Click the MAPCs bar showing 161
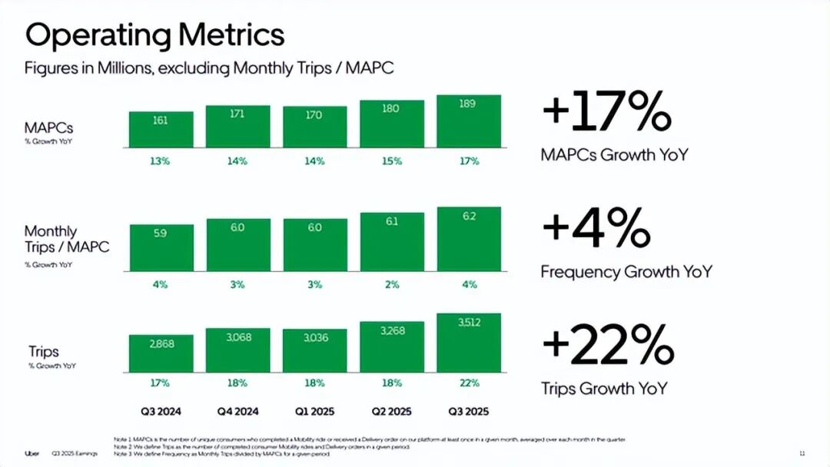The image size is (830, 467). pyautogui.click(x=161, y=129)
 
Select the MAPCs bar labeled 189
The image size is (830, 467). pyautogui.click(x=468, y=121)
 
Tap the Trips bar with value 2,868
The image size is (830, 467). pyautogui.click(x=161, y=353)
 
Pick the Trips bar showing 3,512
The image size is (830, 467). pyautogui.click(x=468, y=343)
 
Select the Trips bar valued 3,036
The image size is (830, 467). pyautogui.click(x=314, y=350)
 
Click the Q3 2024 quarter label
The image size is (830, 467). pyautogui.click(x=161, y=411)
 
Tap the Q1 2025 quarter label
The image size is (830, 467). pyautogui.click(x=314, y=411)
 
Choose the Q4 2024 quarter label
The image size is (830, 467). pyautogui.click(x=237, y=411)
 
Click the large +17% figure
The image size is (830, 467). pyautogui.click(x=606, y=112)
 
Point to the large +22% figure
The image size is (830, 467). pyautogui.click(x=607, y=346)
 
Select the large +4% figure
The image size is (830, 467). pyautogui.click(x=596, y=229)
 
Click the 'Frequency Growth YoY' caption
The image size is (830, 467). pyautogui.click(x=626, y=272)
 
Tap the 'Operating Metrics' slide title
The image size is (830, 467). pyautogui.click(x=154, y=35)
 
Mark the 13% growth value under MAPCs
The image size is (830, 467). pyautogui.click(x=161, y=161)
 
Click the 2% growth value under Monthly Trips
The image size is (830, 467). pyautogui.click(x=391, y=284)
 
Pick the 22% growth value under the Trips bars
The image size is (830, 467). pyautogui.click(x=468, y=383)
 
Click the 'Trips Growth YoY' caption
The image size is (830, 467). pyautogui.click(x=604, y=389)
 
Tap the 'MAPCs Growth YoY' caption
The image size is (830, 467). pyautogui.click(x=614, y=154)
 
